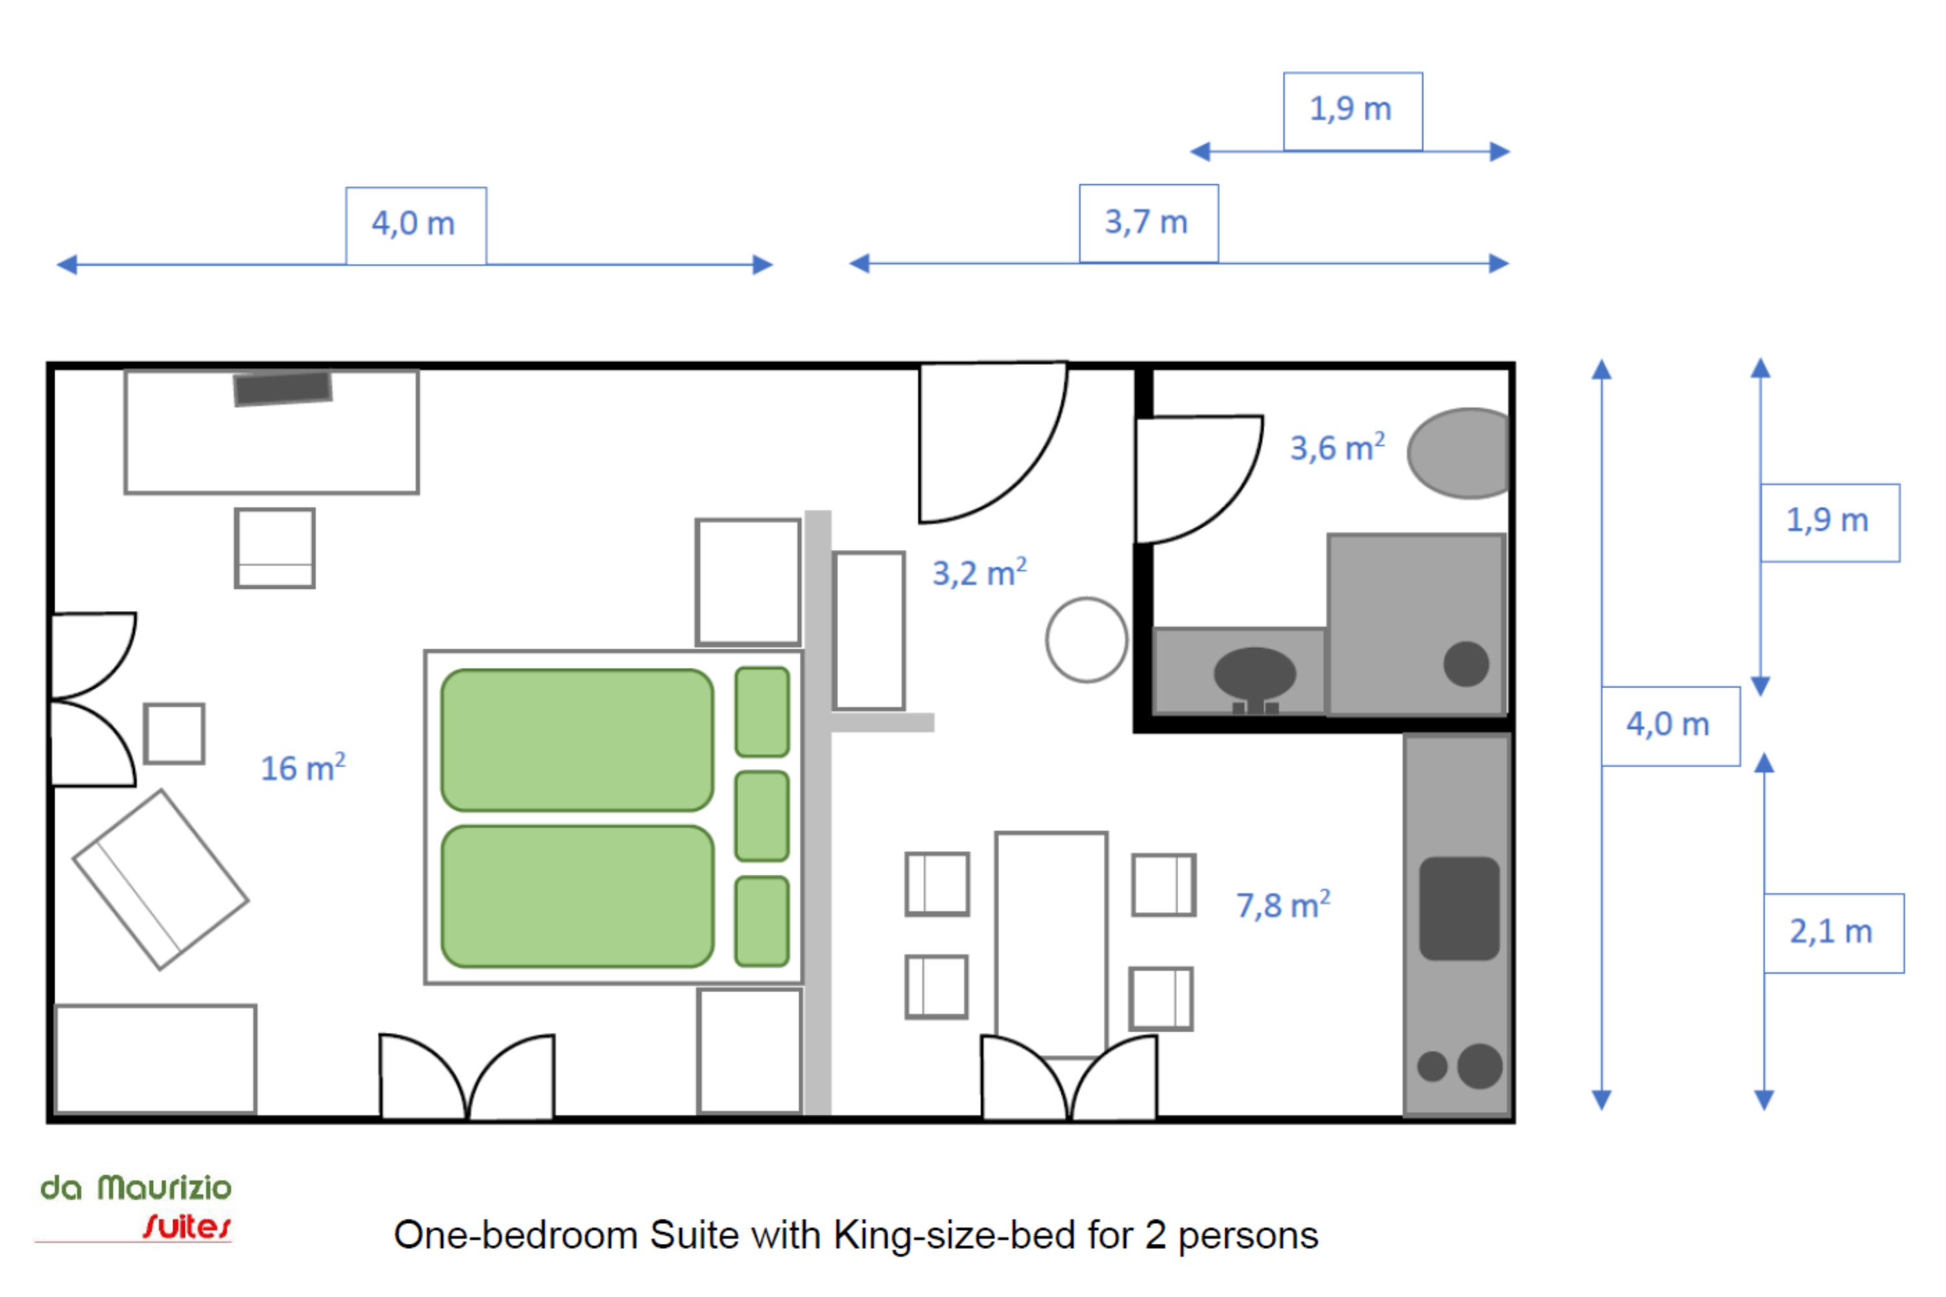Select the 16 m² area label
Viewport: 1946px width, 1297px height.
click(303, 768)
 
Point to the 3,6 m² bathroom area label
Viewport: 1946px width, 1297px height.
click(1337, 447)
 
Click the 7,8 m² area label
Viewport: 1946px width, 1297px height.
click(1283, 904)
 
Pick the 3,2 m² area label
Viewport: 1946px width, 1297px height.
click(979, 573)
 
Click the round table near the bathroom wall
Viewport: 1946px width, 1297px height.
click(1087, 640)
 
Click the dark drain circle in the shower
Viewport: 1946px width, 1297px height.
click(1466, 664)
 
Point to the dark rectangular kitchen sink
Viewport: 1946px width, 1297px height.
click(1459, 909)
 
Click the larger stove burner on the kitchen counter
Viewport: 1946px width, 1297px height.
click(1480, 1066)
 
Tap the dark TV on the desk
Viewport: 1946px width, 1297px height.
click(283, 388)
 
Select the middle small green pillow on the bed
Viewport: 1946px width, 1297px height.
click(762, 816)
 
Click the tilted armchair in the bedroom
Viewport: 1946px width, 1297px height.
click(162, 879)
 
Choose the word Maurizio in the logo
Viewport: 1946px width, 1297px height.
click(165, 1188)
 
